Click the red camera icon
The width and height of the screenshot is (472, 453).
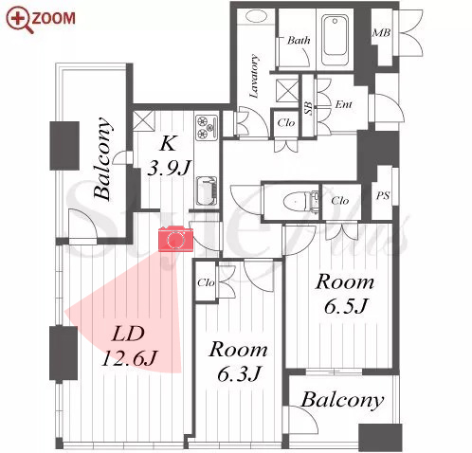click(175, 239)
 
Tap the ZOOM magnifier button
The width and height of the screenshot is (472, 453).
click(41, 20)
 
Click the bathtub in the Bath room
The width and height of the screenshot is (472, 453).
click(335, 39)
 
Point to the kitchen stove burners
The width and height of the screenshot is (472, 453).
click(207, 128)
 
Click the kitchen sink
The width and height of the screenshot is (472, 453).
click(207, 191)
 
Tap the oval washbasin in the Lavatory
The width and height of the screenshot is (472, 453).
click(257, 16)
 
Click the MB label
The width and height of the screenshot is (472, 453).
click(381, 32)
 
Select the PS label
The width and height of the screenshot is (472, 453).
click(383, 196)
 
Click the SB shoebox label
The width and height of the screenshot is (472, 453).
click(309, 107)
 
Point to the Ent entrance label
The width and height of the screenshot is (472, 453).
click(343, 104)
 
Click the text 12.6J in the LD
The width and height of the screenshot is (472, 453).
click(129, 358)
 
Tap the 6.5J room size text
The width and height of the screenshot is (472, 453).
click(346, 306)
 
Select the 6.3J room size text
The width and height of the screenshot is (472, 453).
click(239, 373)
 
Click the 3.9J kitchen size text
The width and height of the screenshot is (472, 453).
click(169, 168)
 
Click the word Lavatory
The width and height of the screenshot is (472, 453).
click(254, 76)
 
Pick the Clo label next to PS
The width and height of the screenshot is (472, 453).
click(340, 201)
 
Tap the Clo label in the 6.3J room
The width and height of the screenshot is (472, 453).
click(206, 282)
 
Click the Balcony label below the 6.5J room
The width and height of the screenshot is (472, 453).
click(342, 400)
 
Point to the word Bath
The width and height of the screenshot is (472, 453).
click(299, 40)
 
